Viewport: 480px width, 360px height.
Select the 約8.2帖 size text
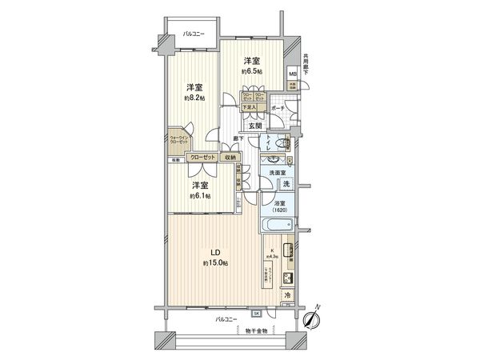click(194, 98)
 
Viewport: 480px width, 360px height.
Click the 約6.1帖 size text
click(200, 196)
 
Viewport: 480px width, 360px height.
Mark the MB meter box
click(293, 75)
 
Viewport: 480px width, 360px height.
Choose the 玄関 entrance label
click(254, 125)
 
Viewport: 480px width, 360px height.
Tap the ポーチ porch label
click(278, 107)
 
